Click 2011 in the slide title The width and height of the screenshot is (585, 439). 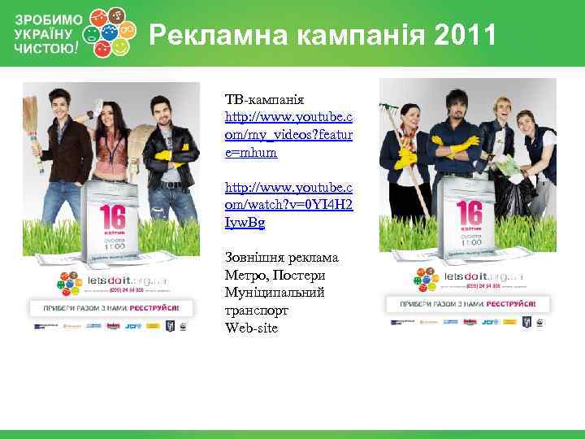pos(465,35)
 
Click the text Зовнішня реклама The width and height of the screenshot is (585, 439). pos(282,258)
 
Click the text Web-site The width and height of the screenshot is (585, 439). pos(252,328)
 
